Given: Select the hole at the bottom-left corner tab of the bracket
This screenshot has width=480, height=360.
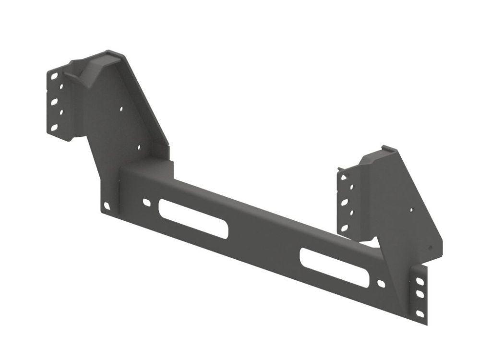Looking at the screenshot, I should [x=107, y=206].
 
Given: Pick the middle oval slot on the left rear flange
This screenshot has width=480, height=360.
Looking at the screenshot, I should [x=54, y=102].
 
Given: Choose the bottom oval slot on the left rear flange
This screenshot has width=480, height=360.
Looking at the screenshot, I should [x=54, y=127].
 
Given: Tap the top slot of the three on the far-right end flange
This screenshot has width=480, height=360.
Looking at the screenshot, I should [x=420, y=280].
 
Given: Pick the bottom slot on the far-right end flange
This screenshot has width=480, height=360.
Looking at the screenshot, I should [x=420, y=313].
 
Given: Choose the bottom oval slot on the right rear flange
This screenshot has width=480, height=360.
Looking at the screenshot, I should [x=344, y=228].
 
